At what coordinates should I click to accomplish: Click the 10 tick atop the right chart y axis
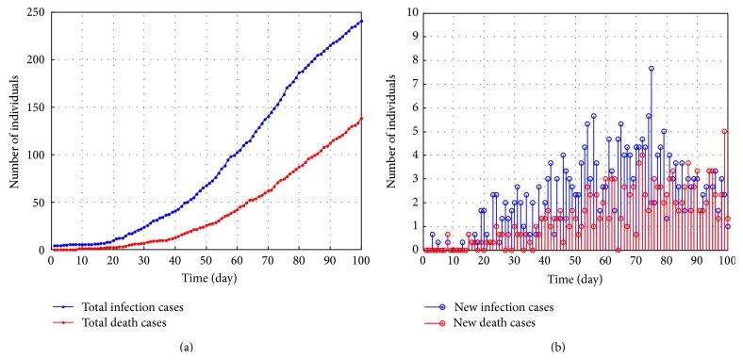click(410, 11)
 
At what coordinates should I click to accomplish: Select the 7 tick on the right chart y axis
click(413, 83)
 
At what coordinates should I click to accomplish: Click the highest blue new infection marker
click(651, 68)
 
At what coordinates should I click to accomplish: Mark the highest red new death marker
click(724, 131)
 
